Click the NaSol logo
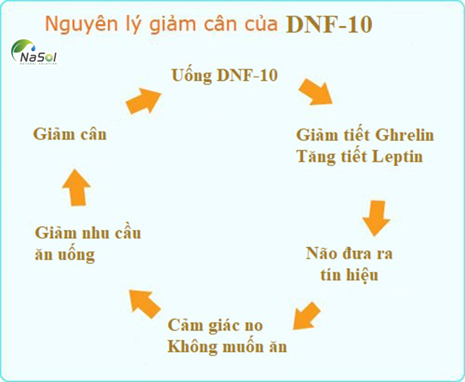[x=34, y=53]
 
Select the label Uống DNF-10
[x=225, y=75]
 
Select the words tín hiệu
[x=350, y=274]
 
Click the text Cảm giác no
[x=215, y=326]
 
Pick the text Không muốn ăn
[x=227, y=347]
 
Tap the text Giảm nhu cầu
[x=88, y=234]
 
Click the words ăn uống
[x=64, y=254]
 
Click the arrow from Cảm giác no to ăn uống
[x=144, y=303]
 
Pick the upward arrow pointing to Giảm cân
[x=78, y=185]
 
